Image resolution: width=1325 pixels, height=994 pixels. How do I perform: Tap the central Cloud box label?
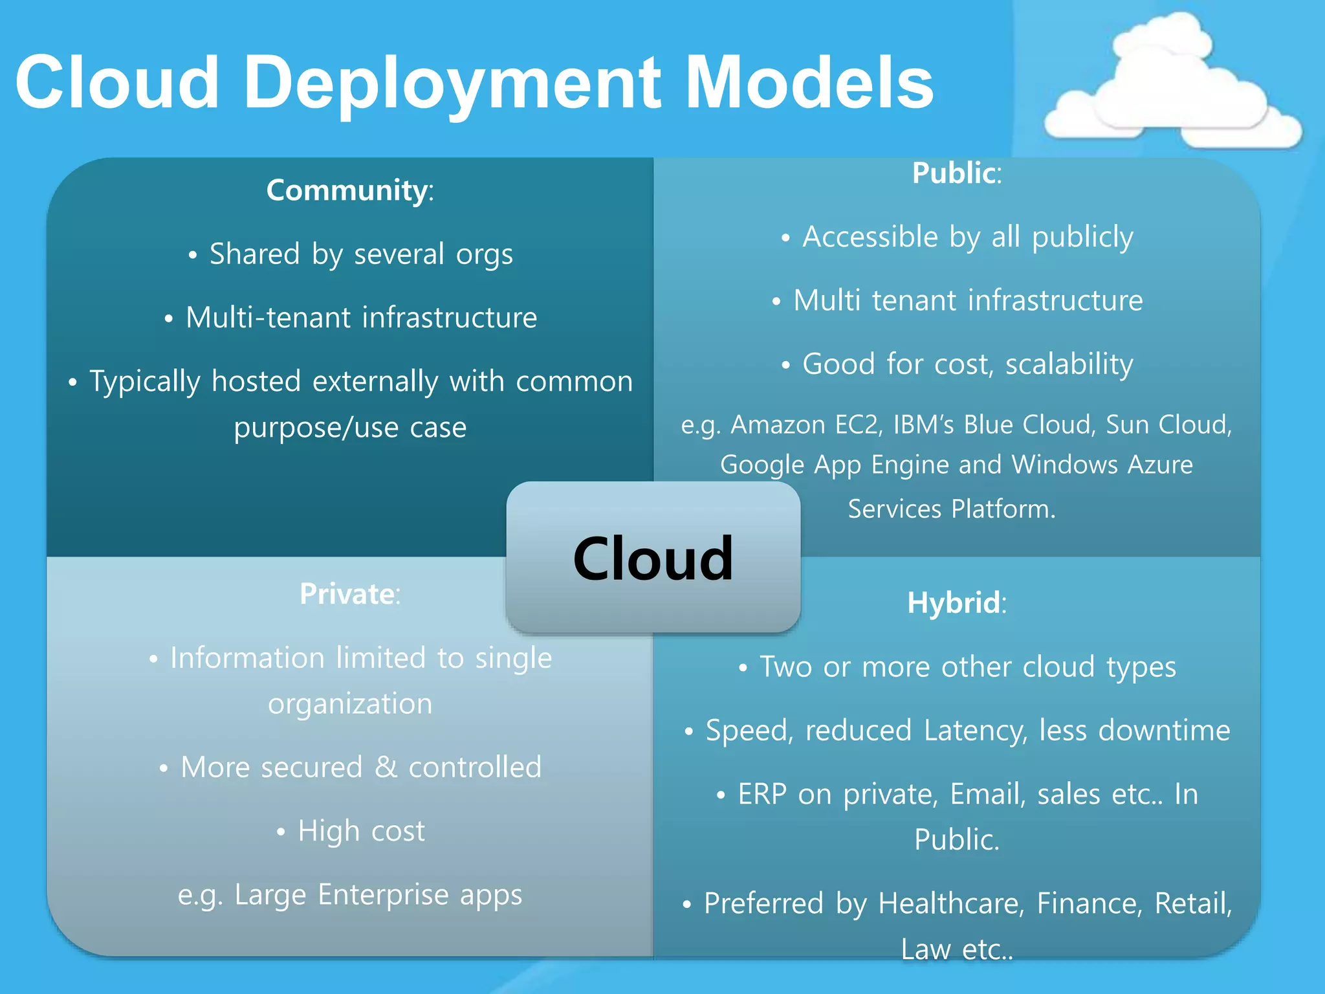(653, 558)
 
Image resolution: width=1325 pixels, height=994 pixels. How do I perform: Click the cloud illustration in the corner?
(1171, 87)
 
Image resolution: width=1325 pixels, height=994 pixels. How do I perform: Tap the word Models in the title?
(809, 83)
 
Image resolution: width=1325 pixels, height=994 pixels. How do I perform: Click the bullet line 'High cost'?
(361, 831)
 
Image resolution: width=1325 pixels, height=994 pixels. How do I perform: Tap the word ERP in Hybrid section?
(762, 795)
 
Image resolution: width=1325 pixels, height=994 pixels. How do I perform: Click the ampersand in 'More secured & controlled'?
(386, 768)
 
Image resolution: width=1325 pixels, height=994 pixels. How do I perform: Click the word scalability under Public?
(1069, 364)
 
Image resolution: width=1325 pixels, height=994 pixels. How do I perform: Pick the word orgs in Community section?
(484, 254)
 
